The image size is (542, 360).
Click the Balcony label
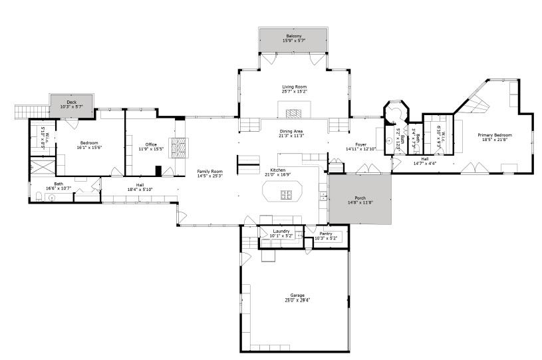click(294, 35)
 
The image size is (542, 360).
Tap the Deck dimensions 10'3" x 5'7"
click(72, 106)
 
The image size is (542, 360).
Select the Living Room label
click(294, 87)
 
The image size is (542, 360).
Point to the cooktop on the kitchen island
click(287, 194)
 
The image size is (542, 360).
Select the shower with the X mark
click(42, 166)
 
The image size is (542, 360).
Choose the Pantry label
click(326, 233)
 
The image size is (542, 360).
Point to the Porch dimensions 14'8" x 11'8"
click(360, 202)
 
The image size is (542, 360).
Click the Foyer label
click(361, 144)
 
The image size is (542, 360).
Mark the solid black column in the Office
click(158, 170)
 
